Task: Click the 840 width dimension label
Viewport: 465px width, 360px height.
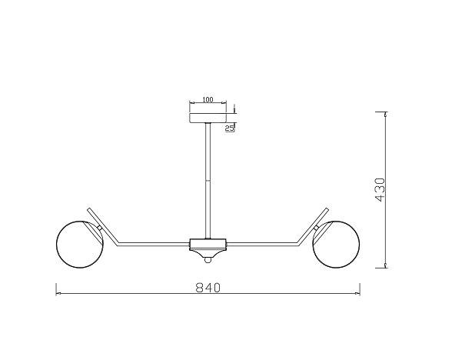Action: (208, 287)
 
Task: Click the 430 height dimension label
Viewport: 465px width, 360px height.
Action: (380, 190)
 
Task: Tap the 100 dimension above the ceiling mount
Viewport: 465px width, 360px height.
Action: (208, 100)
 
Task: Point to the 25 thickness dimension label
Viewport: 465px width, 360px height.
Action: (230, 128)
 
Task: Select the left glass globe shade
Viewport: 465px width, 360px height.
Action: (80, 245)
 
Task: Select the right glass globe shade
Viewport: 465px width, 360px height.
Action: (336, 245)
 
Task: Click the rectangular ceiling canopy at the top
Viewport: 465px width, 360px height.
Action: (208, 118)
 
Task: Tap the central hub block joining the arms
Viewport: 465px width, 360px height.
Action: (208, 244)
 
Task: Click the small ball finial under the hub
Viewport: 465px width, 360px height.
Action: (208, 260)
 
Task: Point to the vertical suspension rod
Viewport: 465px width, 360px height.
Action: (208, 181)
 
